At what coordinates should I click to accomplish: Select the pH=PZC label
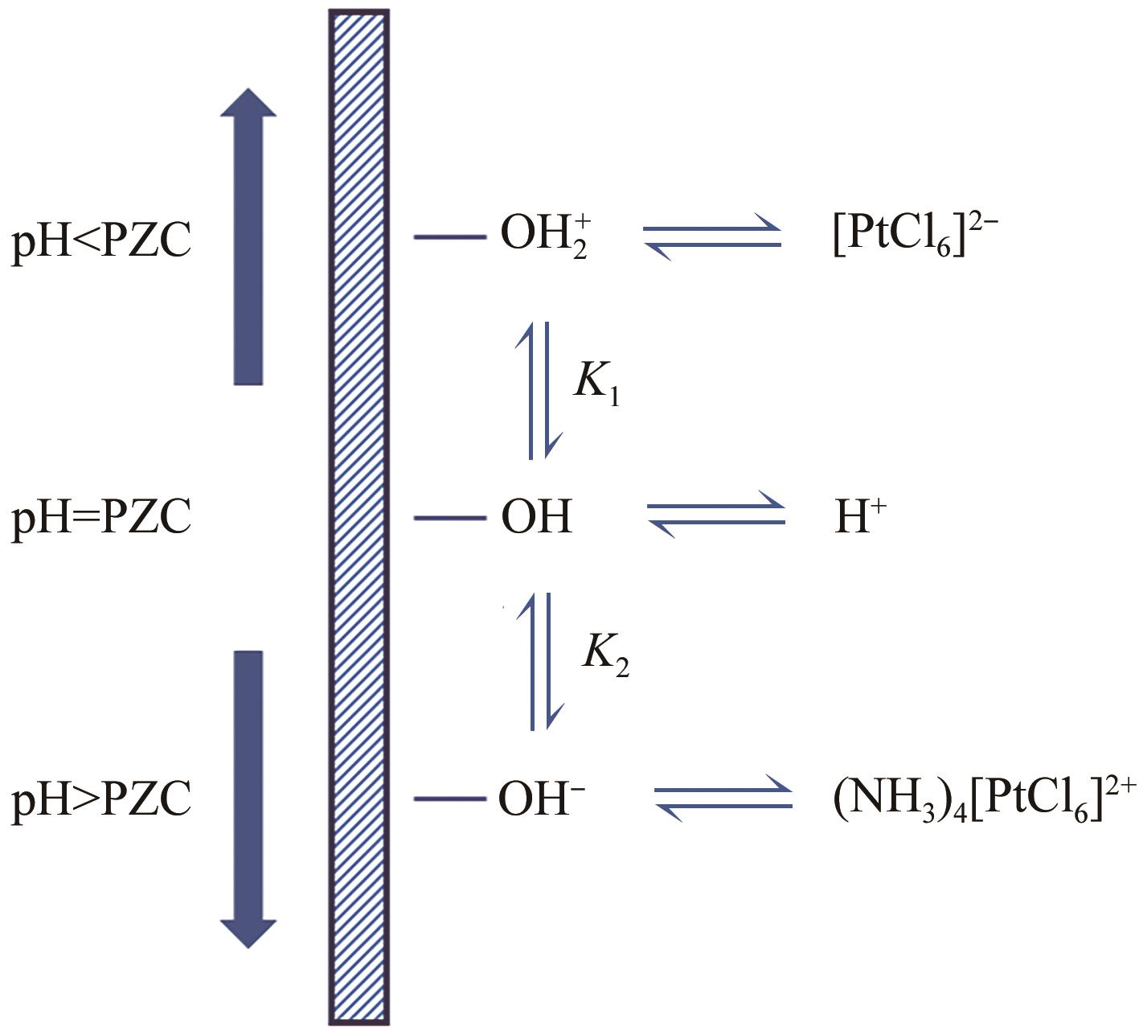tap(101, 518)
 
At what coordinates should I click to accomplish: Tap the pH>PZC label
tap(101, 799)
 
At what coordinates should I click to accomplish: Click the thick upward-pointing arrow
tap(248, 237)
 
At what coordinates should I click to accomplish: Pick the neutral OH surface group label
tap(537, 517)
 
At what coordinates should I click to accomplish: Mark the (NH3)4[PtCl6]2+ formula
tap(973, 800)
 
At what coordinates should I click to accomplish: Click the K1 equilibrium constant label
tap(596, 384)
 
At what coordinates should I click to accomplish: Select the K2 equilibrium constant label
tap(605, 655)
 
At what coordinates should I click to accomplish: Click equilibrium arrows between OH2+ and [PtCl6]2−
tap(712, 238)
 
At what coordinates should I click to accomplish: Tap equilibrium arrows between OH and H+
tap(716, 517)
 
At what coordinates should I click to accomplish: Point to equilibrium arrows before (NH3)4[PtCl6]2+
tap(723, 798)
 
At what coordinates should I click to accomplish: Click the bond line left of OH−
tap(450, 799)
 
